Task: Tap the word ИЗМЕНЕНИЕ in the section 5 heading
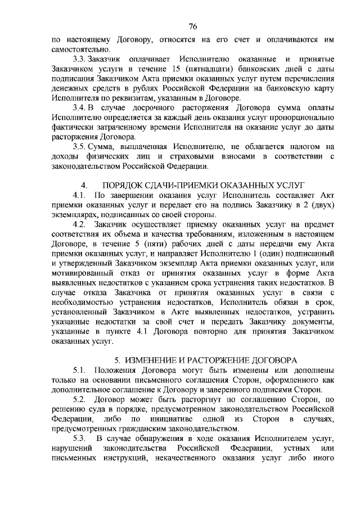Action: coord(152,360)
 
